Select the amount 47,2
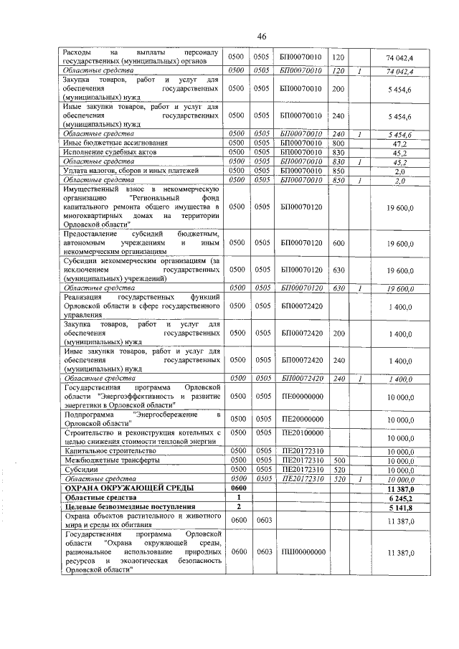pos(401,143)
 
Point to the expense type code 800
pos(339,143)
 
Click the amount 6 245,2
pos(400,497)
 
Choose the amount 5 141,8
pos(400,506)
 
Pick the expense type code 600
pos(339,244)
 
